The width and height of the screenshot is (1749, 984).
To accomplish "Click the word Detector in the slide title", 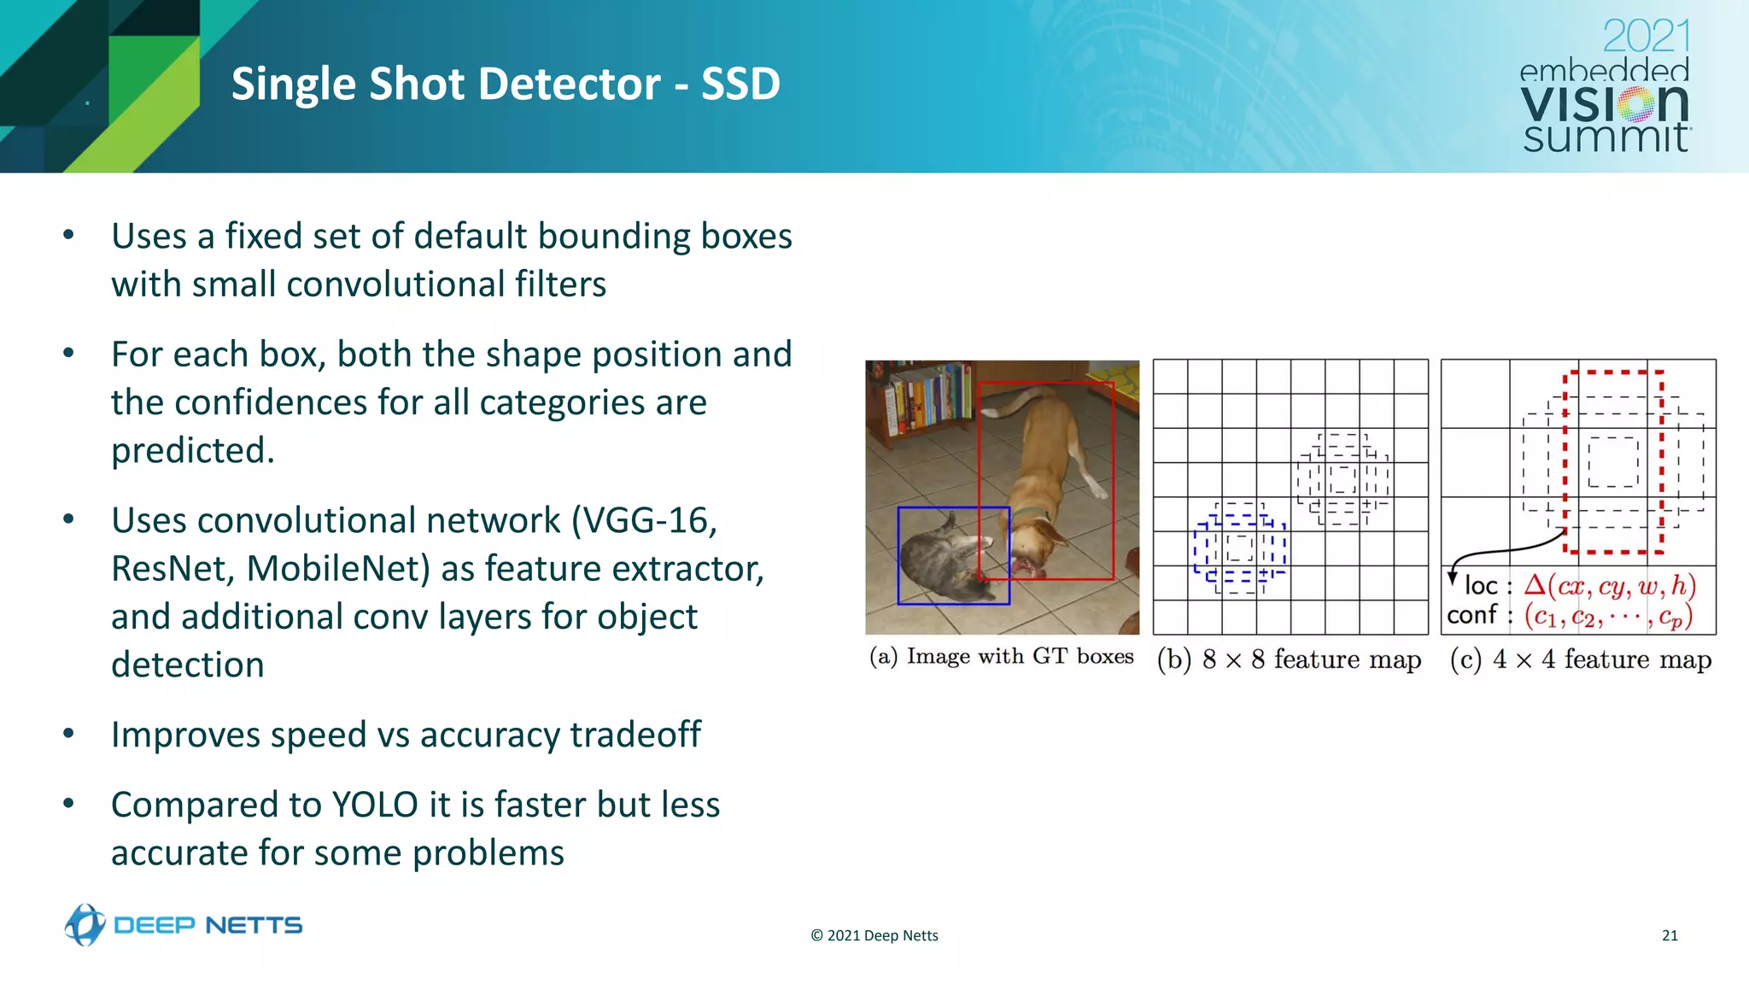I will pyautogui.click(x=568, y=84).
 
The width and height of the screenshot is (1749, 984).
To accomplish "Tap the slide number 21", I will pyautogui.click(x=1670, y=935).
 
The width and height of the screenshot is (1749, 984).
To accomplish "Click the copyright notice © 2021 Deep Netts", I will pyautogui.click(x=874, y=935).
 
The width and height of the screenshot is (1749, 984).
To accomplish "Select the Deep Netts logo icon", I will pyautogui.click(x=85, y=924).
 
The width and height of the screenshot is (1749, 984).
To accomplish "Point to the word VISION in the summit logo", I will pyautogui.click(x=1604, y=104).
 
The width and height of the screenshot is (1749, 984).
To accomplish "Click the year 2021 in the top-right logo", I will pyautogui.click(x=1646, y=36).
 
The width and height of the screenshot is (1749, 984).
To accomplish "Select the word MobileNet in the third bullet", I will pyautogui.click(x=337, y=568).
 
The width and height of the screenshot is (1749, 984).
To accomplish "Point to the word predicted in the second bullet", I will pyautogui.click(x=192, y=450).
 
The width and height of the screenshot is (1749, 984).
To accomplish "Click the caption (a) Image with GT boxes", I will pyautogui.click(x=1001, y=656).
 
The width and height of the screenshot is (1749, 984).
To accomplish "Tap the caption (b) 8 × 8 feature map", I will pyautogui.click(x=1289, y=659).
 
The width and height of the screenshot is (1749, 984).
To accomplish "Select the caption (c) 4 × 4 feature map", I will pyautogui.click(x=1580, y=659).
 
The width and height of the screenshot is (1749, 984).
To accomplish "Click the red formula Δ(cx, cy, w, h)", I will pyautogui.click(x=1610, y=585).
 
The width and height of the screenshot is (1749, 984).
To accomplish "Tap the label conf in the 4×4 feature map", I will pyautogui.click(x=1471, y=614).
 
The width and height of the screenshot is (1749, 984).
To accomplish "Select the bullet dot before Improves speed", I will pyautogui.click(x=69, y=735).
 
